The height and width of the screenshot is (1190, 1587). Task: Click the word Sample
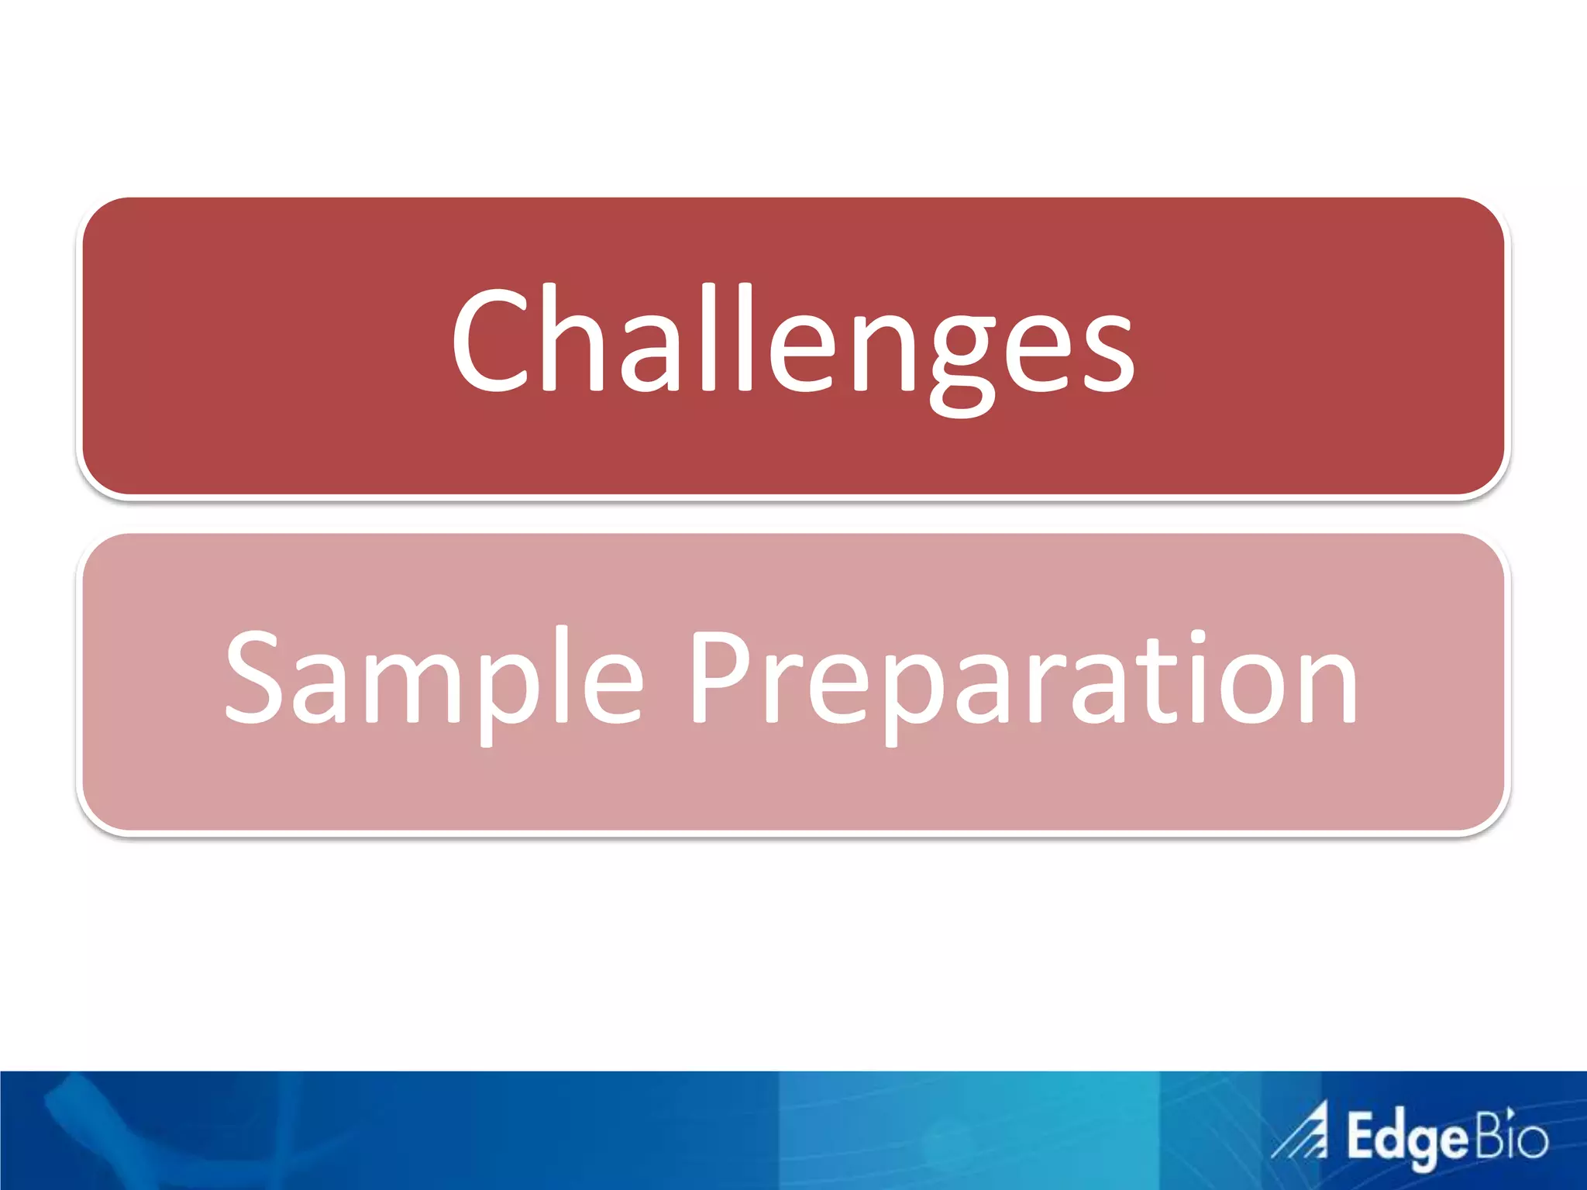(x=434, y=682)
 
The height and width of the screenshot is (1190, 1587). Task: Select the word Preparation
(x=1023, y=682)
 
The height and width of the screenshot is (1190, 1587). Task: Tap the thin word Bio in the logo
(x=1511, y=1136)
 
